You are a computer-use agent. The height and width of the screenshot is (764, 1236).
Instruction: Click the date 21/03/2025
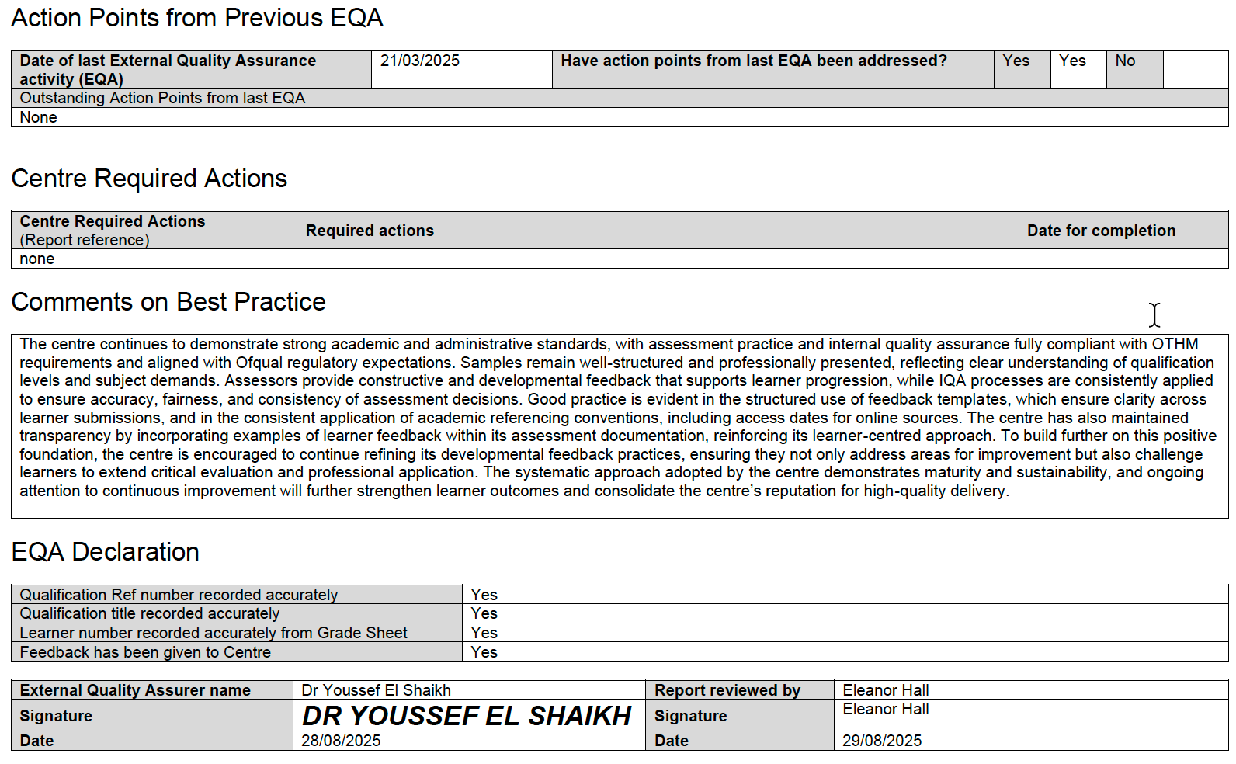tap(419, 61)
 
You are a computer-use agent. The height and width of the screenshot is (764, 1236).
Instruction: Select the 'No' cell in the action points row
tap(1125, 61)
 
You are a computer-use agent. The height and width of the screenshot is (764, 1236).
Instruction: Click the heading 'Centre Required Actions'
tap(149, 179)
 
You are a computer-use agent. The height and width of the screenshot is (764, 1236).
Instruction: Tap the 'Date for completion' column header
tap(1101, 231)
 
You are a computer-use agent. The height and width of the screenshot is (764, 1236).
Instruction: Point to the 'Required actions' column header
tap(370, 231)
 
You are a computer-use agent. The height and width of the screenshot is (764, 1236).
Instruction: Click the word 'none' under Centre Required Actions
tap(37, 259)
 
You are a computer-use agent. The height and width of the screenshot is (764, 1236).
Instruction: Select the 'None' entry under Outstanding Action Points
tap(39, 117)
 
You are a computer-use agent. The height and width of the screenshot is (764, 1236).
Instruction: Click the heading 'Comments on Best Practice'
tap(168, 302)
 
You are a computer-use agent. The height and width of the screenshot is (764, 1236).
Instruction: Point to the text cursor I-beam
tap(1154, 314)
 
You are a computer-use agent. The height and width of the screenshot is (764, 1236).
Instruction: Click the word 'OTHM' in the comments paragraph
tap(1175, 344)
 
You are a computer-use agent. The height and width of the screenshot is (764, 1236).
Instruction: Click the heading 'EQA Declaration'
tap(106, 552)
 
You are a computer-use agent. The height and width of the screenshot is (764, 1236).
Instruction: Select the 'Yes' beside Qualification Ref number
tap(484, 595)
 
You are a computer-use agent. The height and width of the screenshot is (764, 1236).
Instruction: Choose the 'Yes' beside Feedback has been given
tap(484, 652)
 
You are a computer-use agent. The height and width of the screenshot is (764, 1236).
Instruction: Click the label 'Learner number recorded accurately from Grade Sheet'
tap(214, 633)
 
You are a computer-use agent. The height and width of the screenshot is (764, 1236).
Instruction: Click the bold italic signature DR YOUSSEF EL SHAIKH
tap(467, 716)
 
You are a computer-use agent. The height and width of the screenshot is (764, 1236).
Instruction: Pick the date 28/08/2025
tap(341, 741)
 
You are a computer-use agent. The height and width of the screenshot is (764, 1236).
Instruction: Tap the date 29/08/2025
tap(882, 741)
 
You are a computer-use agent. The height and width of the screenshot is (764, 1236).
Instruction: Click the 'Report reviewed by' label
tap(727, 690)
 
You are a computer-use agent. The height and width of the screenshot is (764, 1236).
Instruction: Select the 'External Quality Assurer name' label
tap(135, 690)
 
